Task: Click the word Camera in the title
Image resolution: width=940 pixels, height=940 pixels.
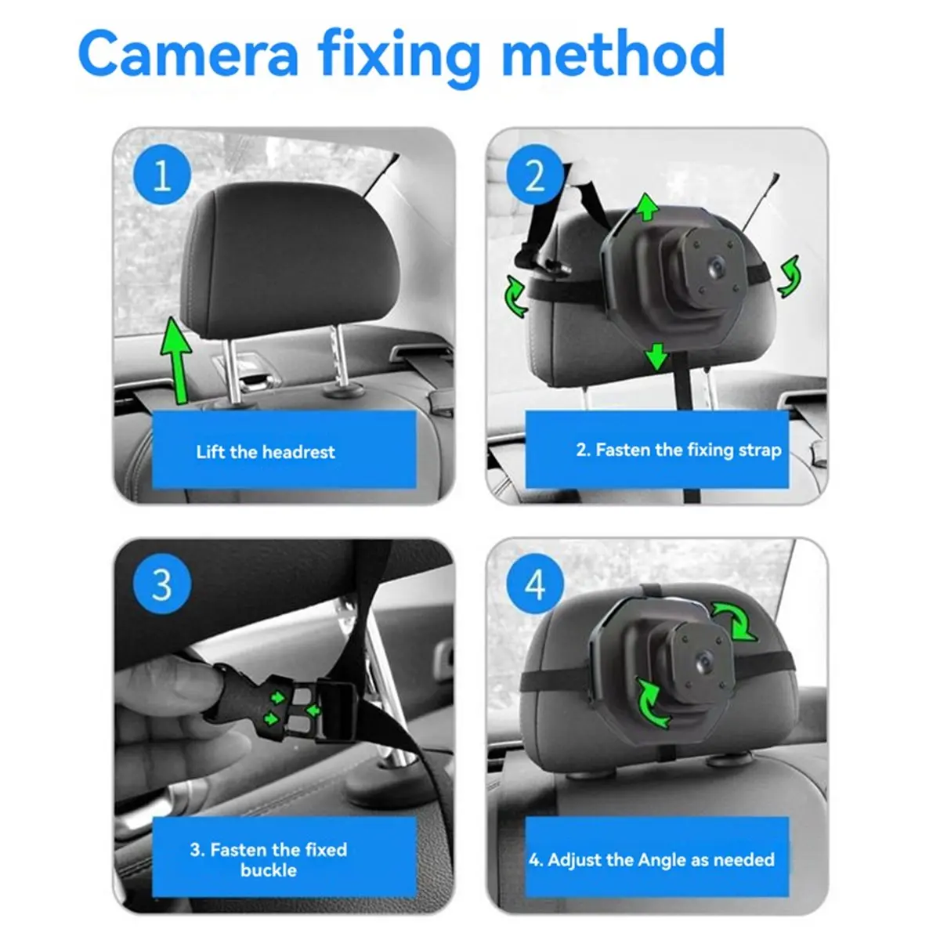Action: [188, 53]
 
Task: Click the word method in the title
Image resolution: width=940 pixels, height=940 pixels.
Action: [613, 53]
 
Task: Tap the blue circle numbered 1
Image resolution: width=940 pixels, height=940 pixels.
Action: [162, 175]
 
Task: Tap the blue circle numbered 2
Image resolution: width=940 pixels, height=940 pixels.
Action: [534, 175]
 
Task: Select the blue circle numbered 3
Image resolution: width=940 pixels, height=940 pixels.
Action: [161, 584]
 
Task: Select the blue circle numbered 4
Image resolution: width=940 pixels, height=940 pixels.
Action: [534, 584]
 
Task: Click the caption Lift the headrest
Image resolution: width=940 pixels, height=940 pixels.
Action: [265, 452]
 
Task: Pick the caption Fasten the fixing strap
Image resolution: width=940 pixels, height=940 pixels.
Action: [678, 450]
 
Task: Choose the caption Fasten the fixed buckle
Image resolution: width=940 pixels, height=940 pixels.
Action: [268, 859]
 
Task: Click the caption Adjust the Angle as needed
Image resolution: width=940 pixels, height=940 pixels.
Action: [651, 859]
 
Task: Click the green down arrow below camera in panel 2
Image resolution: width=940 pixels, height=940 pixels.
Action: [656, 357]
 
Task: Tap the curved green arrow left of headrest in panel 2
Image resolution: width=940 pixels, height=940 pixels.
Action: [515, 297]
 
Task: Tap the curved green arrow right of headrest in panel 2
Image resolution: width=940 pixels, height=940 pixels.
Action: [789, 276]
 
